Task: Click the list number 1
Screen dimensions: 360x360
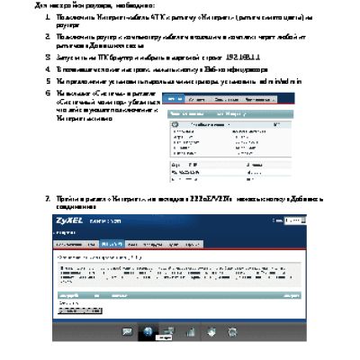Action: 47,17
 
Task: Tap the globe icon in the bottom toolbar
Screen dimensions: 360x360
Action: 147,330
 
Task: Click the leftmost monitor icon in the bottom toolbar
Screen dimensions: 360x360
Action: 127,330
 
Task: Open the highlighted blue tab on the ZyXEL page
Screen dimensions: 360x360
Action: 112,244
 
